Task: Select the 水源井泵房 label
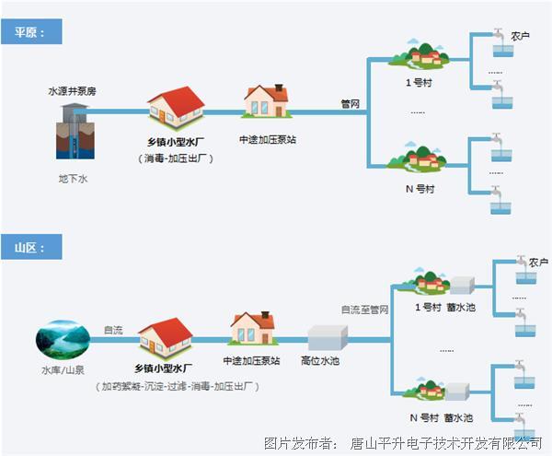coord(73,92)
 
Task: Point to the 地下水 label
coord(72,178)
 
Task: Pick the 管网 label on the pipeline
coord(351,103)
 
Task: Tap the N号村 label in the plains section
coord(420,188)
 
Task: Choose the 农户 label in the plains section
coord(521,36)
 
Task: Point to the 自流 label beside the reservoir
coord(112,329)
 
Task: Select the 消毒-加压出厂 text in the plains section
coord(178,158)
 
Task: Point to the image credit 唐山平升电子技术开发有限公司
coord(446,443)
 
